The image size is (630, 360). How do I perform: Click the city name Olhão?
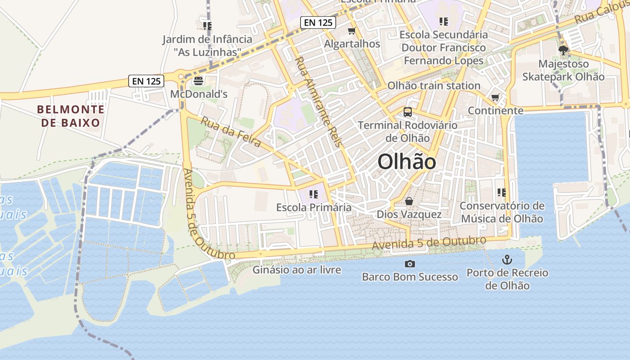(407, 162)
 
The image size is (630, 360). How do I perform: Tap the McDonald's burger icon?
(198, 81)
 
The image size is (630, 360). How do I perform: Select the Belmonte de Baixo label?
(71, 116)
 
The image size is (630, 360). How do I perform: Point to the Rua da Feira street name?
(231, 132)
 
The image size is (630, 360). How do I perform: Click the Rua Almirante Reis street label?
(319, 102)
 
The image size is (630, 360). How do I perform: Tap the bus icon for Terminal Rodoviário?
(408, 112)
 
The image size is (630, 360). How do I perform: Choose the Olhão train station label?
(434, 85)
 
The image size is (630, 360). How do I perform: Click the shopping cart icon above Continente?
(495, 97)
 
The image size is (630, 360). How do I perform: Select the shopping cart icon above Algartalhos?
(352, 31)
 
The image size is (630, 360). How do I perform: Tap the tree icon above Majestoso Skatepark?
(563, 50)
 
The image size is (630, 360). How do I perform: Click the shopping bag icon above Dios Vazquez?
(409, 201)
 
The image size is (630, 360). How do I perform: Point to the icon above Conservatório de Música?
(502, 193)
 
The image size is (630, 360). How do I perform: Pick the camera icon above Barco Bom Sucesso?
(410, 264)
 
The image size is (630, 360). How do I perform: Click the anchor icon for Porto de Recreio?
(507, 259)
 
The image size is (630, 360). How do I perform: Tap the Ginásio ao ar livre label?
(297, 270)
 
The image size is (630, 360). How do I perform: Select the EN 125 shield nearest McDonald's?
(146, 81)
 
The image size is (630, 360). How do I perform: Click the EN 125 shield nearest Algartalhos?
(318, 22)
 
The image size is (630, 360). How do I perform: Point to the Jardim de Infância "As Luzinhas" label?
(207, 45)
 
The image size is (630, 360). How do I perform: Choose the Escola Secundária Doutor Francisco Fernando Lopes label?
(443, 47)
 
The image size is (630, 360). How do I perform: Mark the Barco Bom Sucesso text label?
(410, 277)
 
